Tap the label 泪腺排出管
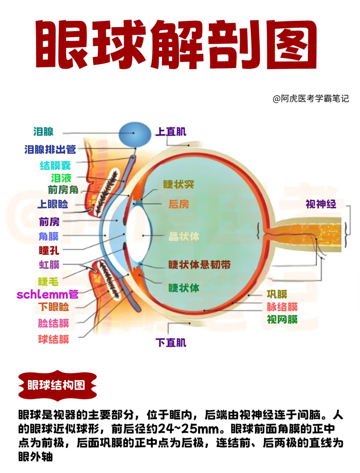(x=50, y=149)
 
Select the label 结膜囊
(x=55, y=165)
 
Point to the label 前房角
(x=63, y=189)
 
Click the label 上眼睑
(x=53, y=204)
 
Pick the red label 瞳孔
(x=49, y=251)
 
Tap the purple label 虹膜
(x=49, y=265)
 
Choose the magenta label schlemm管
(x=48, y=294)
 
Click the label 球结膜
(x=53, y=339)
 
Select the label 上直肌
(x=171, y=131)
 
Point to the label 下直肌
(x=171, y=343)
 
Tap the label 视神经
(x=321, y=204)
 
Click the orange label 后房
(x=178, y=204)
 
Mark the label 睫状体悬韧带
(x=199, y=265)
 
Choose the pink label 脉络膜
(x=282, y=307)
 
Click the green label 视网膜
(x=282, y=319)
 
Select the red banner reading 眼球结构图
(x=57, y=385)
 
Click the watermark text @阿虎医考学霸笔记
(x=311, y=99)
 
